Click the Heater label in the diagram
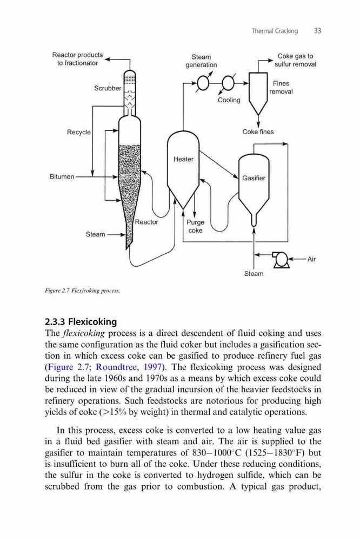pos(183,159)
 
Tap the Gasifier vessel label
pos(254,178)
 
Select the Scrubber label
pos(108,88)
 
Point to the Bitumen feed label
pos(62,177)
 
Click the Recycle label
pos(79,132)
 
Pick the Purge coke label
pos(195,226)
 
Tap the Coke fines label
pos(258,132)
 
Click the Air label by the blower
pos(311,259)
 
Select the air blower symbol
pos(282,260)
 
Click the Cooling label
pos(229,100)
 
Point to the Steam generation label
pos(201,61)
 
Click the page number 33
pos(318,31)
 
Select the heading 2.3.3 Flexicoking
pos(81,321)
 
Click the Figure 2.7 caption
pos(82,291)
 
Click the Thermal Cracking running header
pos(275,31)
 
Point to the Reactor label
pos(146,222)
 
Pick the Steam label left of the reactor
pos(96,234)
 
